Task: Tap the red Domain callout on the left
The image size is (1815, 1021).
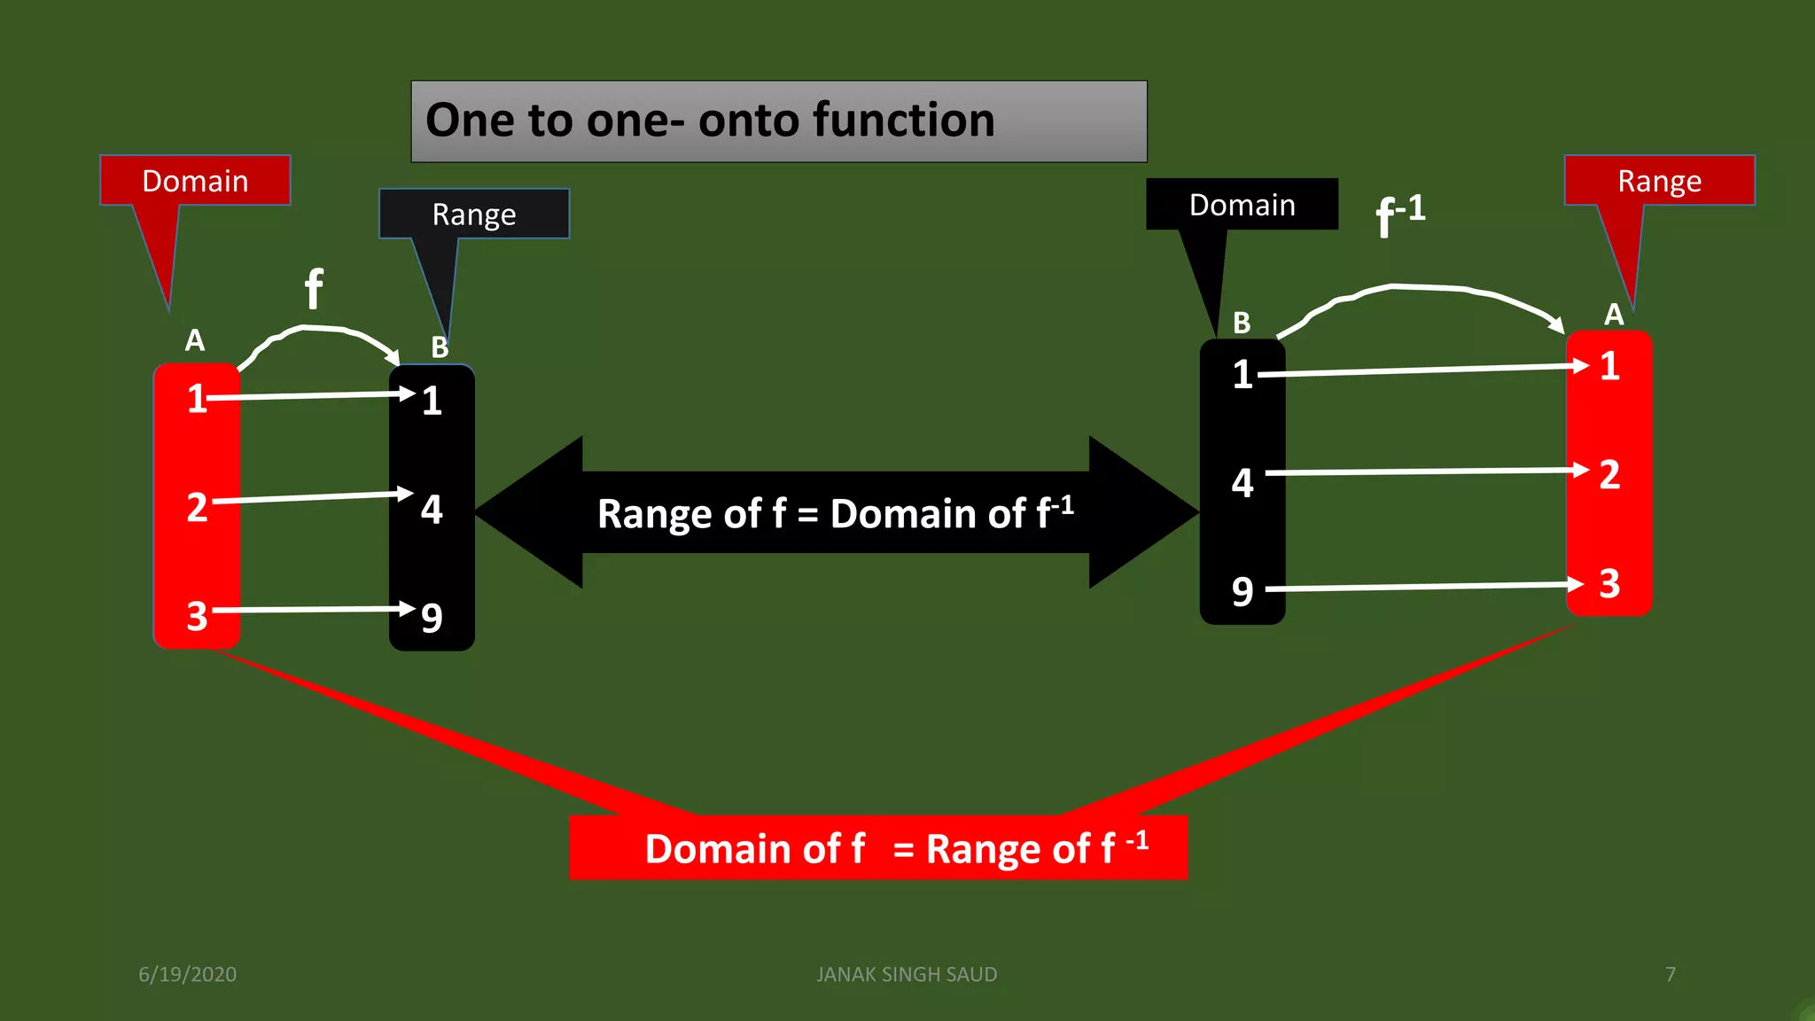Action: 195,181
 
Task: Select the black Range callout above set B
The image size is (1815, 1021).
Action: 474,214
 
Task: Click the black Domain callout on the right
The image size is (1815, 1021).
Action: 1242,205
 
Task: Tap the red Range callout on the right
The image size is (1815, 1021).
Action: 1659,181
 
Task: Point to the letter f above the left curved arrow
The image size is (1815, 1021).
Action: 314,289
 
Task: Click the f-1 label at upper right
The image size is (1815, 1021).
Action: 1399,215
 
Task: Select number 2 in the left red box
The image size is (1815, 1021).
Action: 197,508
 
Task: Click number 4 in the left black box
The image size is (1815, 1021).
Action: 432,510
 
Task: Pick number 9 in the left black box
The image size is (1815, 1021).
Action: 432,618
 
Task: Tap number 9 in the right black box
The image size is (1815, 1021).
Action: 1242,591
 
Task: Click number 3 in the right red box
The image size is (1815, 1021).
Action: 1609,584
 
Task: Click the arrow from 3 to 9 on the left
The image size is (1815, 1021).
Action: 315,610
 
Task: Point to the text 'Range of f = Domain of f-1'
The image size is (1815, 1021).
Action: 835,513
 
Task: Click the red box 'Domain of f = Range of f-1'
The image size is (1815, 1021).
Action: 877,847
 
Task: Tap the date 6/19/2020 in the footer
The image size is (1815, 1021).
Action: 188,974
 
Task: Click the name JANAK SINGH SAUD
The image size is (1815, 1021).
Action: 907,974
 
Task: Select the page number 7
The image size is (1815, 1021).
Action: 1671,974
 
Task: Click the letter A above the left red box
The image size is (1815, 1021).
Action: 195,340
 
